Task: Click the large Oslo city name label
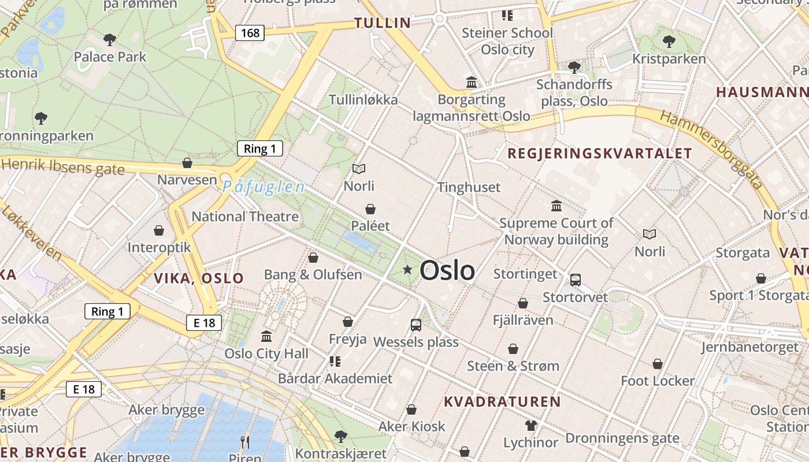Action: click(x=447, y=270)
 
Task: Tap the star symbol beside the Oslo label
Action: click(x=407, y=269)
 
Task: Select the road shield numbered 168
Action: click(x=250, y=33)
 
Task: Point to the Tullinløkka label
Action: click(x=363, y=100)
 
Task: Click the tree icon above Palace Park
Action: click(x=110, y=40)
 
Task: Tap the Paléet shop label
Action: click(x=370, y=226)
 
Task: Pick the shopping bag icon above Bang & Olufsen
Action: click(x=313, y=258)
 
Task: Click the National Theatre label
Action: click(x=245, y=217)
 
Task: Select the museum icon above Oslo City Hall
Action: click(x=266, y=336)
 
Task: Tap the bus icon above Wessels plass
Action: click(x=416, y=325)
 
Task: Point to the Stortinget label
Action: click(x=525, y=274)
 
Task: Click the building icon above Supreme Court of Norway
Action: click(x=556, y=206)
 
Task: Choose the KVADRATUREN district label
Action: click(x=502, y=401)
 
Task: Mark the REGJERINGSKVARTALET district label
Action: click(x=599, y=153)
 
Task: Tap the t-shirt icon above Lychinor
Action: click(x=530, y=426)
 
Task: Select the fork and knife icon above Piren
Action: click(x=245, y=442)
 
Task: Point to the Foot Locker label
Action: click(x=658, y=381)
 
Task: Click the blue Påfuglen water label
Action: click(x=264, y=187)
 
